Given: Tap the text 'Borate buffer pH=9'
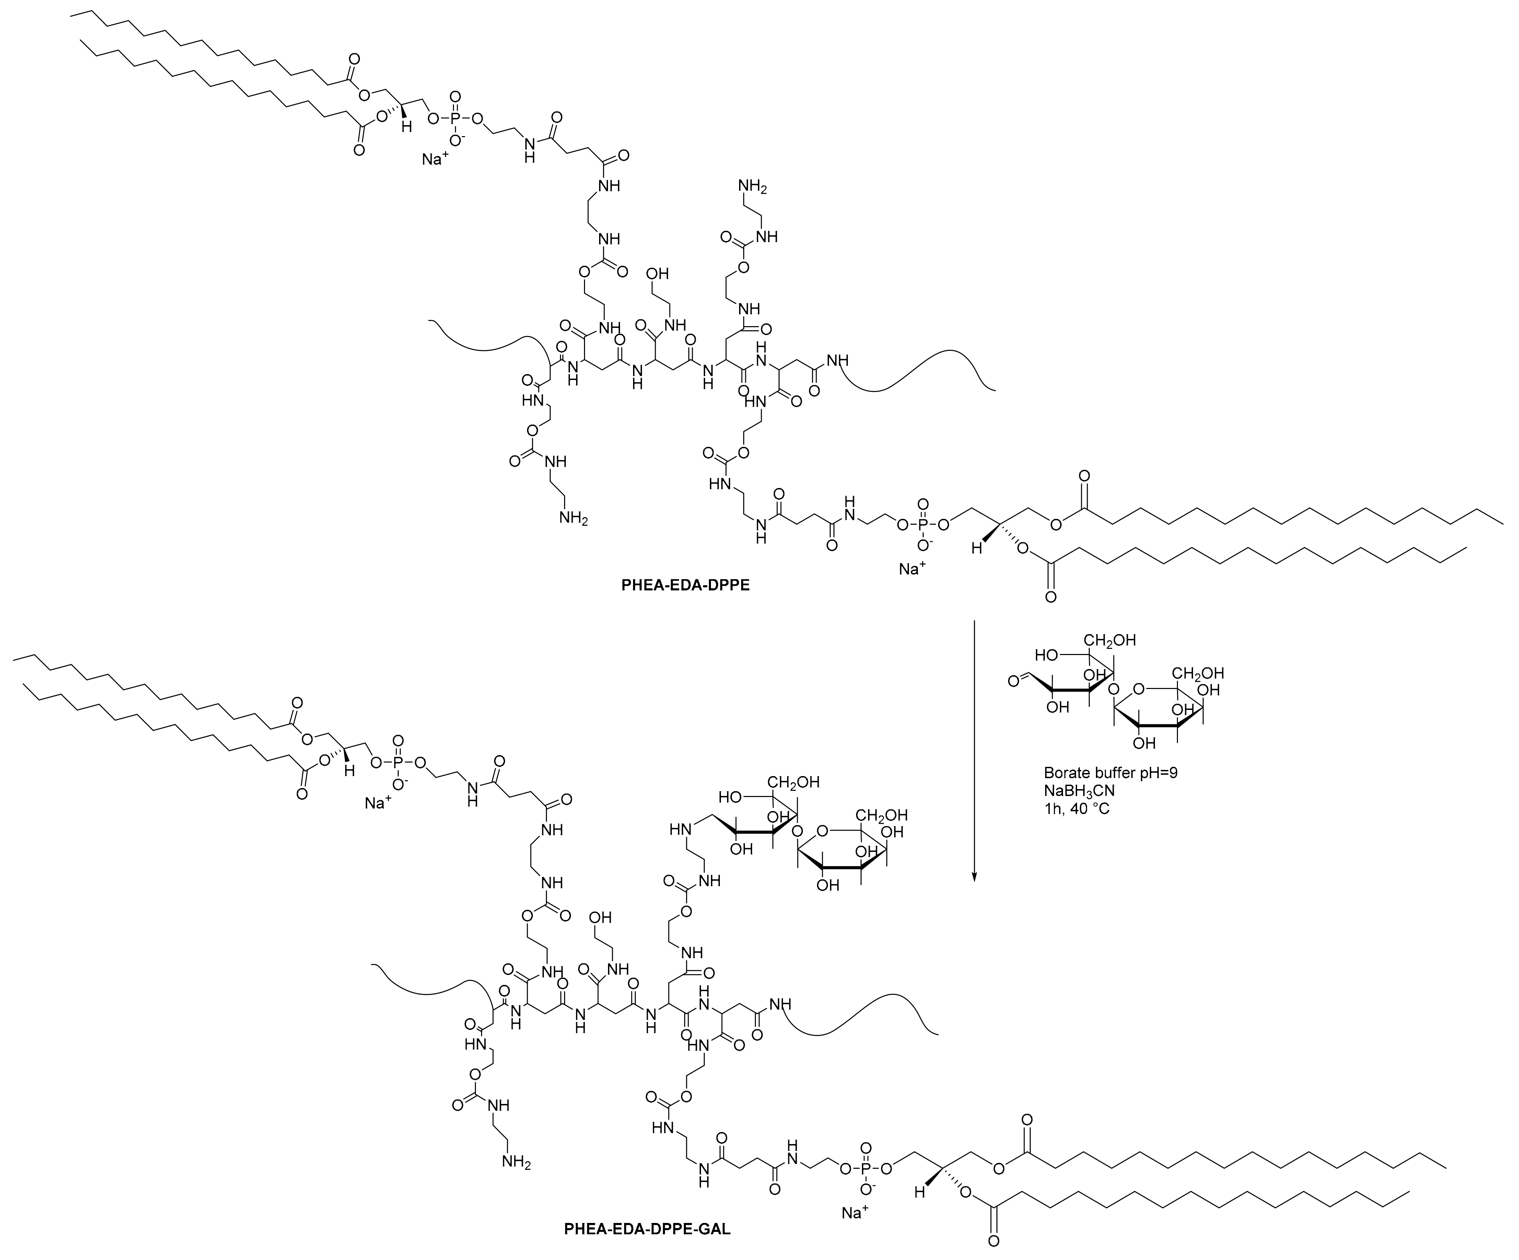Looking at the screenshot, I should click(x=1110, y=773).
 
